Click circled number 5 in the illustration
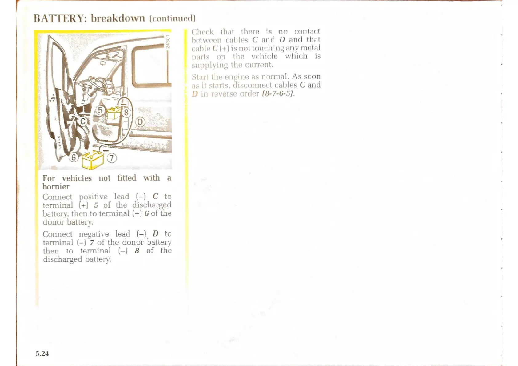[100, 110]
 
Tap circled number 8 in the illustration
[126, 113]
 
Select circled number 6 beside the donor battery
[74, 157]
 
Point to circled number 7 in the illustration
[112, 158]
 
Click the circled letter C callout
[83, 121]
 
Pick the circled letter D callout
[140, 122]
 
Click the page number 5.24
[42, 354]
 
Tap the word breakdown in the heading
[118, 18]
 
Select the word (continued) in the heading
[173, 18]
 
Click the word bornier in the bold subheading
[56, 187]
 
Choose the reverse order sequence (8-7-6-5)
[278, 93]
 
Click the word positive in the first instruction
[93, 197]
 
